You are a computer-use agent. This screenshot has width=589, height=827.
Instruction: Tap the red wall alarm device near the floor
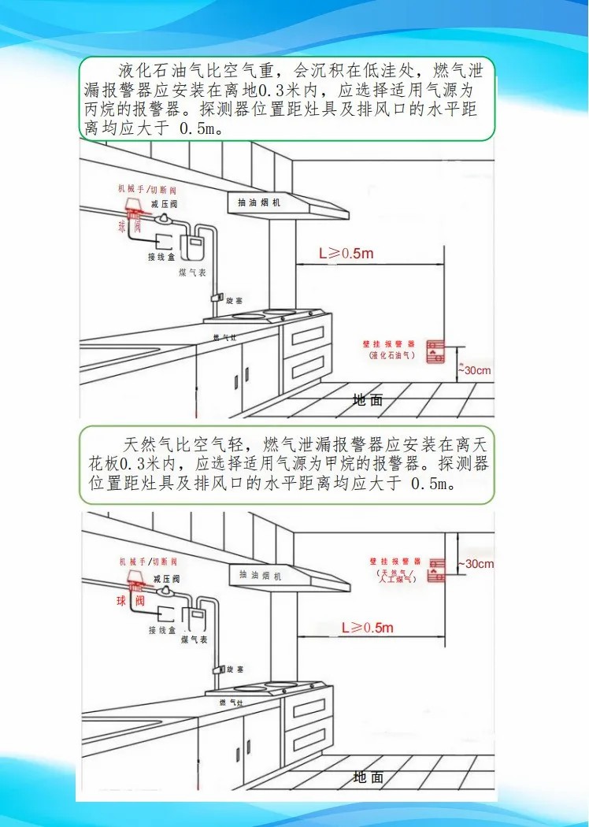click(x=435, y=351)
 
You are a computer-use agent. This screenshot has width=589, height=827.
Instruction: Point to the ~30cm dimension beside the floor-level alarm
click(x=478, y=370)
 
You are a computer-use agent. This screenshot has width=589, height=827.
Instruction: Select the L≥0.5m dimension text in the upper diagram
click(x=346, y=254)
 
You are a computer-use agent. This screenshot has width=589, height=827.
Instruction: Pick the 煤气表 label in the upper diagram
click(x=192, y=272)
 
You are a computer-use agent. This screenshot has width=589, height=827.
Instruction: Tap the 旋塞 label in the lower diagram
click(x=235, y=669)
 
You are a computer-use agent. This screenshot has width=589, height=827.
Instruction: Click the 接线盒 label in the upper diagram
click(x=161, y=257)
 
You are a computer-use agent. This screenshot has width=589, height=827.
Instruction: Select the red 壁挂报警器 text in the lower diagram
click(x=392, y=562)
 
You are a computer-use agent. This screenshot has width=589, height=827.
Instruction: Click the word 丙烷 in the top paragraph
click(x=101, y=109)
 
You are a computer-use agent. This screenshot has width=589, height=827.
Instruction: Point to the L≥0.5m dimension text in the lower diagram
click(x=366, y=628)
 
